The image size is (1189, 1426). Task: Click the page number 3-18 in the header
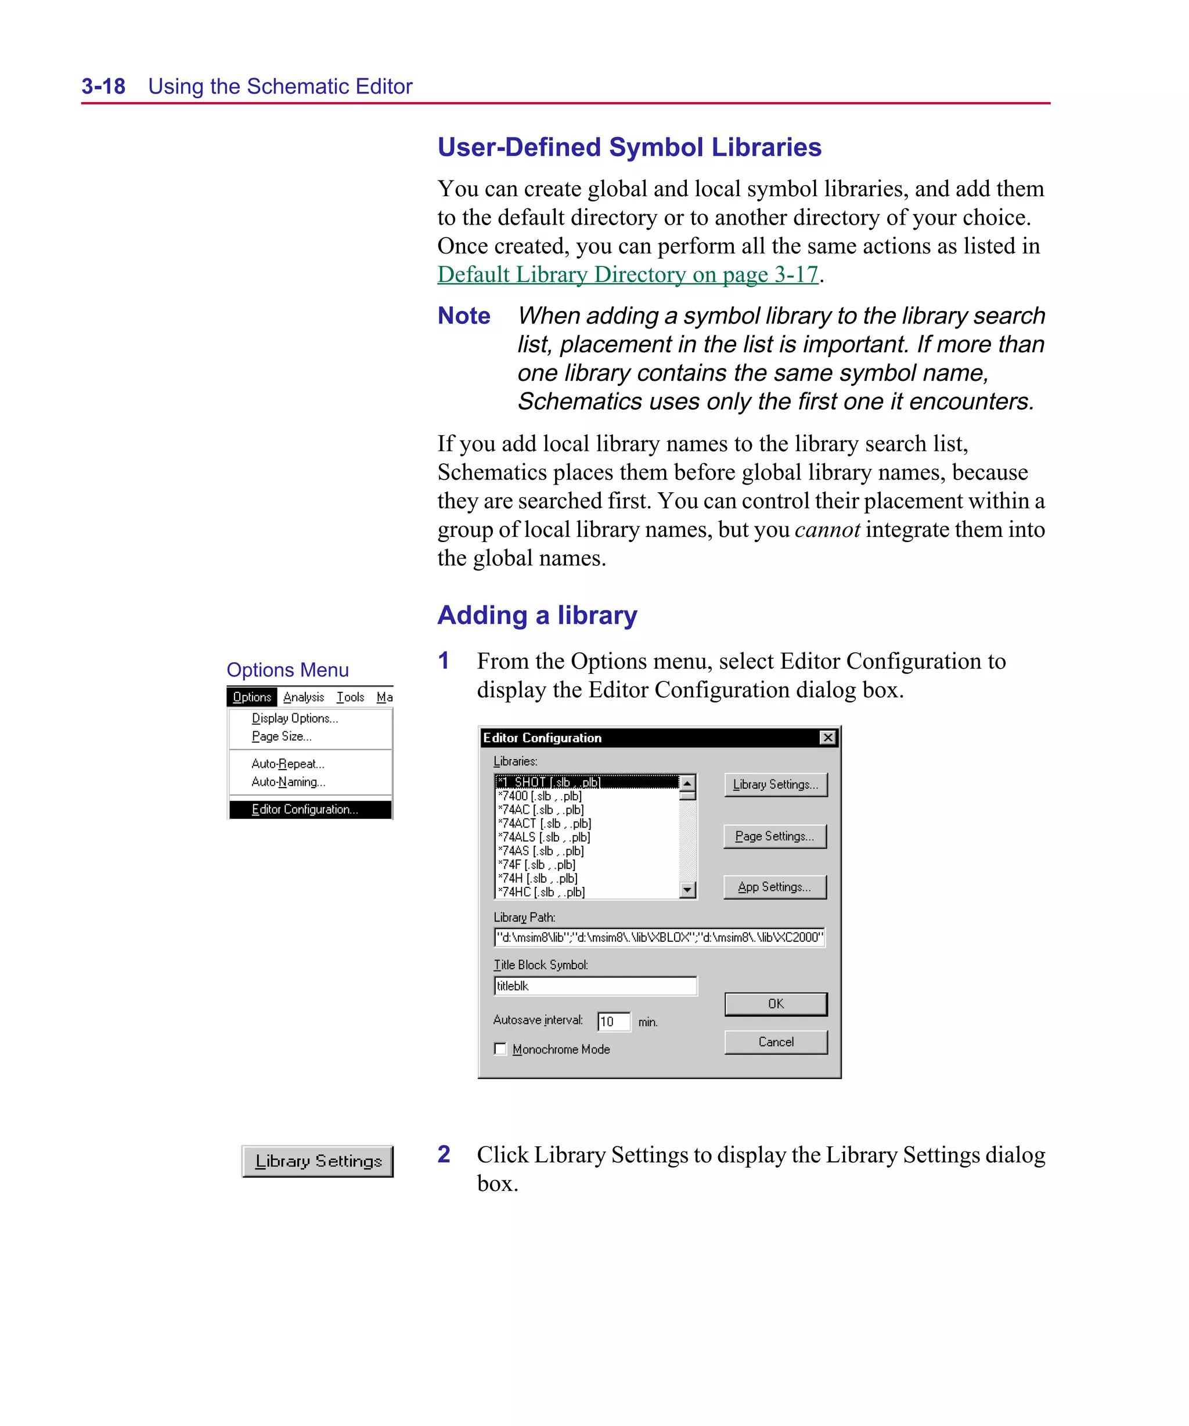(103, 86)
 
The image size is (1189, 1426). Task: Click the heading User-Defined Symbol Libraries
(629, 147)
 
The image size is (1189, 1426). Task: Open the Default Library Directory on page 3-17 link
(627, 275)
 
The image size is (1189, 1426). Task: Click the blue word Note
(463, 316)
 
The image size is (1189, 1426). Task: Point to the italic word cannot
(827, 530)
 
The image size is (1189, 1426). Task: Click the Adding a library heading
(537, 615)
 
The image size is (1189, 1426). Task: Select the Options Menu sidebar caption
(287, 670)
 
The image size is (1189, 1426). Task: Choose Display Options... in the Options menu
(294, 719)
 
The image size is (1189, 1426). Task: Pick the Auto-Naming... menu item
(288, 782)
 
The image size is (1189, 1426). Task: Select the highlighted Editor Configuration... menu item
(304, 810)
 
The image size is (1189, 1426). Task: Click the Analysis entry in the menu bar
(304, 698)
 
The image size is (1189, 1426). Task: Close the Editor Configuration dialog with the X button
(827, 738)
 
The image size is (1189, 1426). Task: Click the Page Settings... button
(774, 836)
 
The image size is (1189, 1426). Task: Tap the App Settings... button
(774, 887)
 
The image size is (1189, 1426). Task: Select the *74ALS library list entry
(543, 837)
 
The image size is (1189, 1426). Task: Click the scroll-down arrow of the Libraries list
(687, 890)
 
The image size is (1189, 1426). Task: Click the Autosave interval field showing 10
(613, 1021)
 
